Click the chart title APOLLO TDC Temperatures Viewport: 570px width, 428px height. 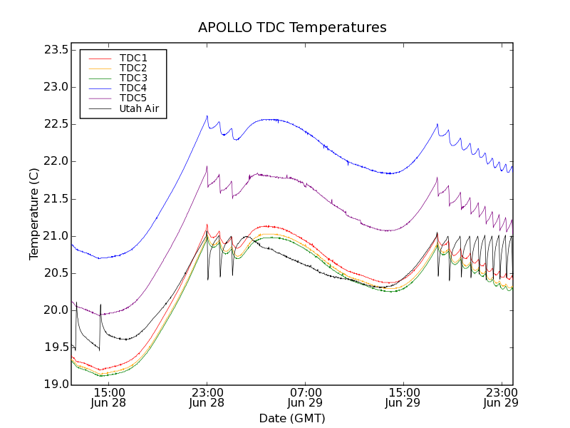click(x=292, y=28)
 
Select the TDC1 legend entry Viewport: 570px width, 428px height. click(x=133, y=58)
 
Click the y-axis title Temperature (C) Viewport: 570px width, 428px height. click(x=34, y=213)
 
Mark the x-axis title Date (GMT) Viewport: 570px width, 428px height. click(x=292, y=418)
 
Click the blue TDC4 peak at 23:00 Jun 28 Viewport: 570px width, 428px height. click(x=207, y=116)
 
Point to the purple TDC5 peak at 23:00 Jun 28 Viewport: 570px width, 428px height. click(x=207, y=166)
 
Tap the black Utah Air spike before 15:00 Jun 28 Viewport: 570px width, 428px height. click(x=100, y=305)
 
